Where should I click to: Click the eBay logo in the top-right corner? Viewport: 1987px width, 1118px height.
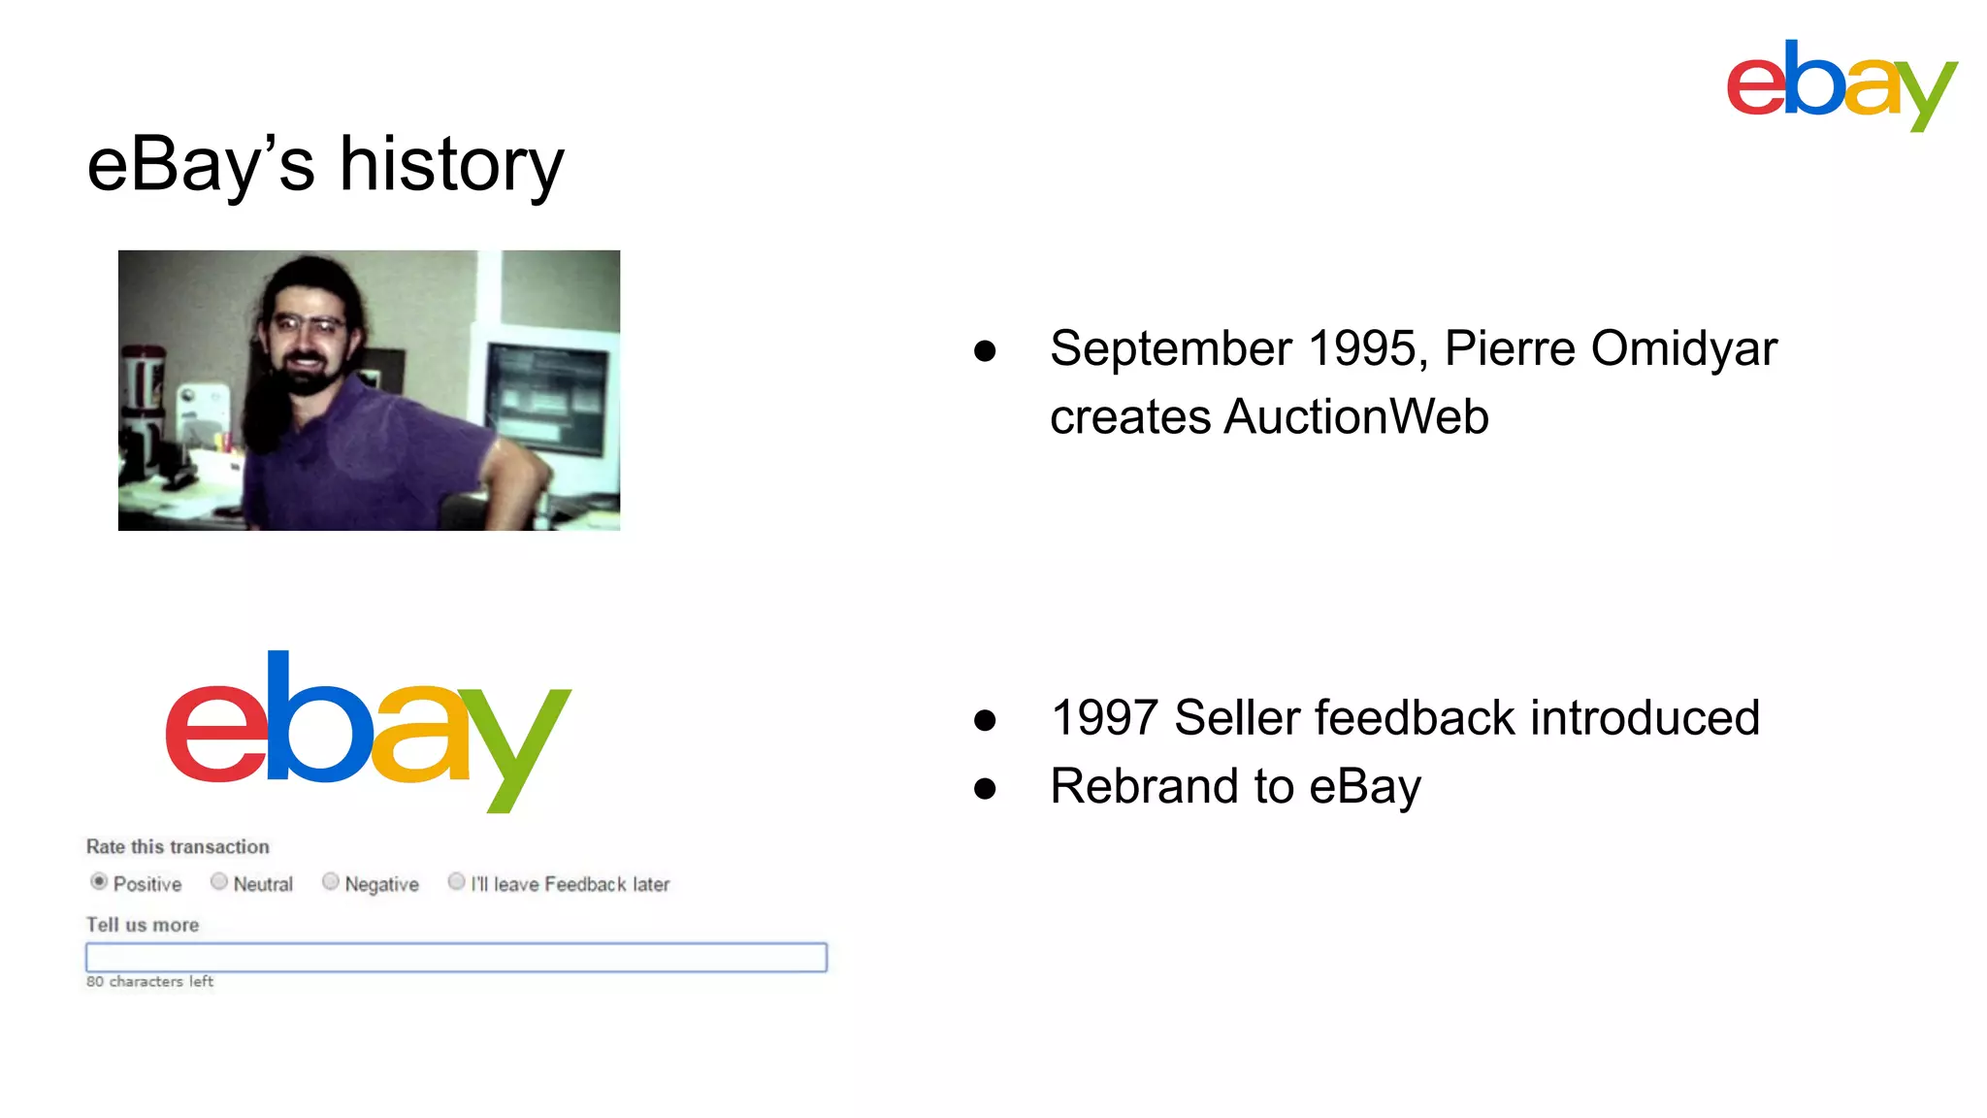[1840, 84]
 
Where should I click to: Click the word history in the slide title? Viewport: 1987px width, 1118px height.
[451, 165]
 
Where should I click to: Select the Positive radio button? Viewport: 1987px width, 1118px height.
[99, 881]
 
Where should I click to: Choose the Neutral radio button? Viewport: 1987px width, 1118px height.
[219, 881]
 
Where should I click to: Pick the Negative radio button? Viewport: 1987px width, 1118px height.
[331, 881]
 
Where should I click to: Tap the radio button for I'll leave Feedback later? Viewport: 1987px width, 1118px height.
[456, 881]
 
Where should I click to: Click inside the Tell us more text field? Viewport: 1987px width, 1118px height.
[456, 957]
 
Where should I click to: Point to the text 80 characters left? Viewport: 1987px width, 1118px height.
[149, 981]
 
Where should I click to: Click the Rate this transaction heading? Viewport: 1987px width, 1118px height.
[178, 846]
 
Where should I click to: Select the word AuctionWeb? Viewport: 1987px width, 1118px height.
[1355, 417]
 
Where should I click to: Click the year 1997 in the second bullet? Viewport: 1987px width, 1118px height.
[1104, 718]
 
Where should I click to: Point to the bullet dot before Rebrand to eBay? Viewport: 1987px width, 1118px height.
[985, 788]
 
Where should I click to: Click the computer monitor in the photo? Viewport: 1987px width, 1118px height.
[549, 398]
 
